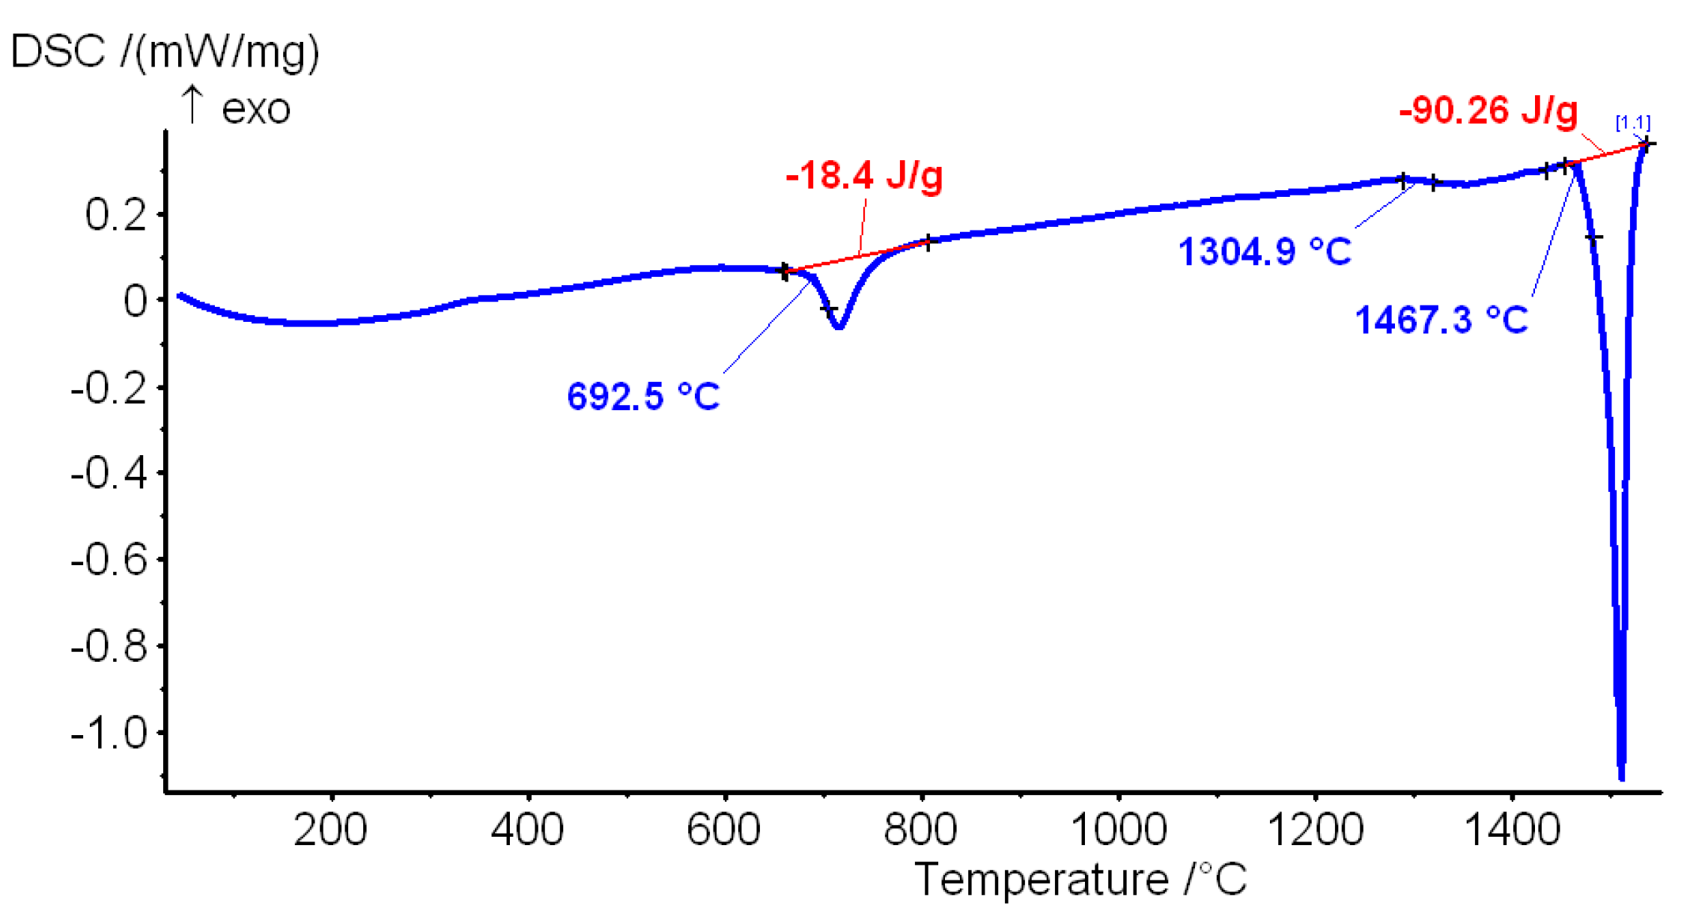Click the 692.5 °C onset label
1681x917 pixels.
coord(642,396)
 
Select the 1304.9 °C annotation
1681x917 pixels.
coord(1264,252)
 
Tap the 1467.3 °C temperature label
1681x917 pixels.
coord(1441,320)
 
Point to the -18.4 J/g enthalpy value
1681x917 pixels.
coord(864,176)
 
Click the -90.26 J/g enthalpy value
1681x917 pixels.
coord(1488,111)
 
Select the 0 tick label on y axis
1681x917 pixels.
coord(136,302)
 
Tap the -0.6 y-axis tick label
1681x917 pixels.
coord(109,560)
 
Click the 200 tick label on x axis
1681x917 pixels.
coord(330,830)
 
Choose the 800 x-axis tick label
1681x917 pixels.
coord(920,830)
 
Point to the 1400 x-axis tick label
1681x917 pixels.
coord(1511,830)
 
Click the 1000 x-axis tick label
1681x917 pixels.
coord(1118,830)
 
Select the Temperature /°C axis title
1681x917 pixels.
coord(1080,879)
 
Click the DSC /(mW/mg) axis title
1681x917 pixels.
coord(165,52)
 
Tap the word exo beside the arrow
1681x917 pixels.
coord(255,109)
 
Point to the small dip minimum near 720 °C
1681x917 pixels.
coord(839,326)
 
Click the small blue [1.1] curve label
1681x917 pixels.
coord(1632,122)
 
